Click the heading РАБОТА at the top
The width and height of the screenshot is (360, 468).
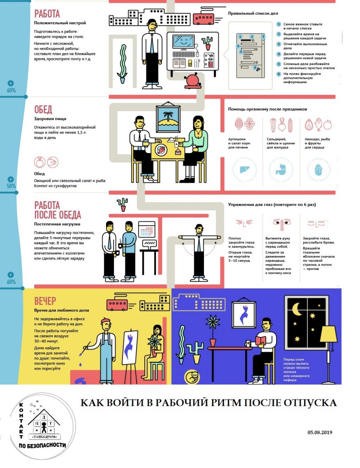click(x=47, y=14)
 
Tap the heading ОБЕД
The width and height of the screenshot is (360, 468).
click(x=43, y=109)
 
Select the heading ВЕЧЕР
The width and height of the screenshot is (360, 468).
click(x=45, y=301)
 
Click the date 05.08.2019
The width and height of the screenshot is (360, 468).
click(x=320, y=433)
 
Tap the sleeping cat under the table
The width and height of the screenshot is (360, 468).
click(x=192, y=377)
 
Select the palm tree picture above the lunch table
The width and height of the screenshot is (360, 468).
click(x=169, y=119)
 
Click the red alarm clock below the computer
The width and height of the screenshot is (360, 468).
click(x=192, y=81)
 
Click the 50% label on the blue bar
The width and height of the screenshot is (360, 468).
click(x=11, y=186)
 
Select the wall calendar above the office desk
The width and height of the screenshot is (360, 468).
click(x=147, y=229)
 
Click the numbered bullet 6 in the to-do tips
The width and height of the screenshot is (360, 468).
click(x=278, y=74)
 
